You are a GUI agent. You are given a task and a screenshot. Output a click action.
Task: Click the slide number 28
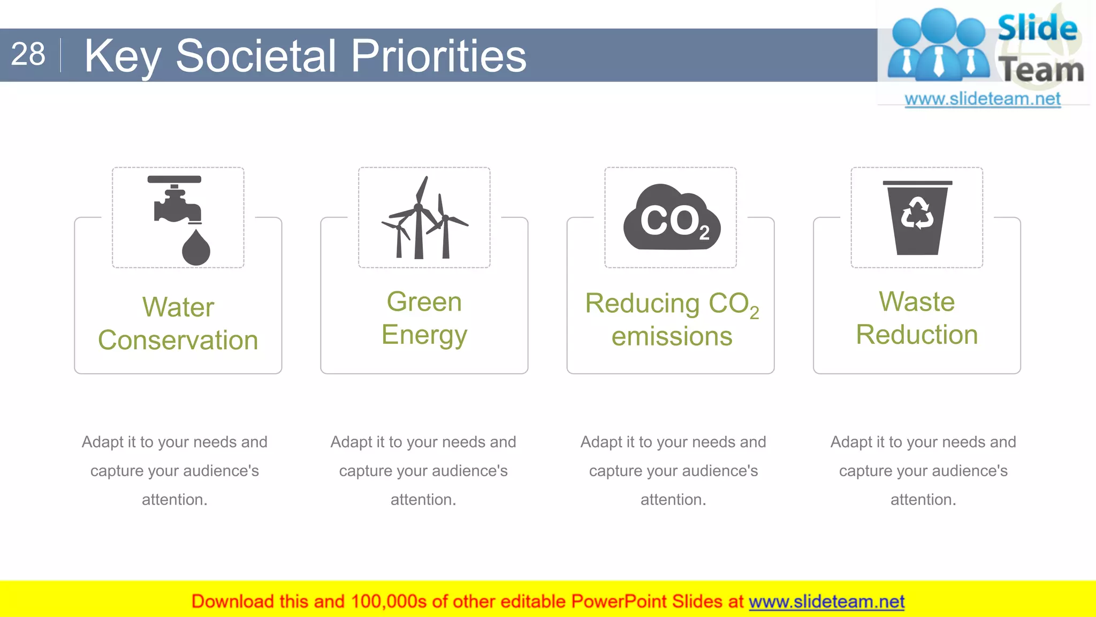pos(28,54)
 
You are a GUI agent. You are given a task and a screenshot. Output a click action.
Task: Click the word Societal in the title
pos(256,56)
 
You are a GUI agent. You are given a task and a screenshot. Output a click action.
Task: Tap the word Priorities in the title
pos(438,56)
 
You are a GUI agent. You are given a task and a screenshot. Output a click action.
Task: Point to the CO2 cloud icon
pos(671,219)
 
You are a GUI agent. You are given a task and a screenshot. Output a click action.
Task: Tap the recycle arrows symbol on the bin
pos(917,213)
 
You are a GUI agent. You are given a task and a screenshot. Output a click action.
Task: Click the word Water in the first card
pos(178,307)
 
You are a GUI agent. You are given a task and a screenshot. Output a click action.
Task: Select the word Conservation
pos(178,341)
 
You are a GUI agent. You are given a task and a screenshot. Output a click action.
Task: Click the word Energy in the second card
pos(424,335)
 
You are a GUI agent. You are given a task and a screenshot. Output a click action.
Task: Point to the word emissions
pos(672,337)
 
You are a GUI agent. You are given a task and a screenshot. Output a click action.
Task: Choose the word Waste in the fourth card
pos(917,302)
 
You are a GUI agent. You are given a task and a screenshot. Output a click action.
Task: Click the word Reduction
pos(917,335)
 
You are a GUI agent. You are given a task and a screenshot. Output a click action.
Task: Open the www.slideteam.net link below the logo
pos(982,99)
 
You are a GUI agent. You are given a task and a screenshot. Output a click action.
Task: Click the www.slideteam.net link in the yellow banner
pos(826,602)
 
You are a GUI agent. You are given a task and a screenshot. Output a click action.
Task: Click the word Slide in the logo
pos(1037,28)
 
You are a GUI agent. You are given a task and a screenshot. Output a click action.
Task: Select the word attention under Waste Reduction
pos(922,500)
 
